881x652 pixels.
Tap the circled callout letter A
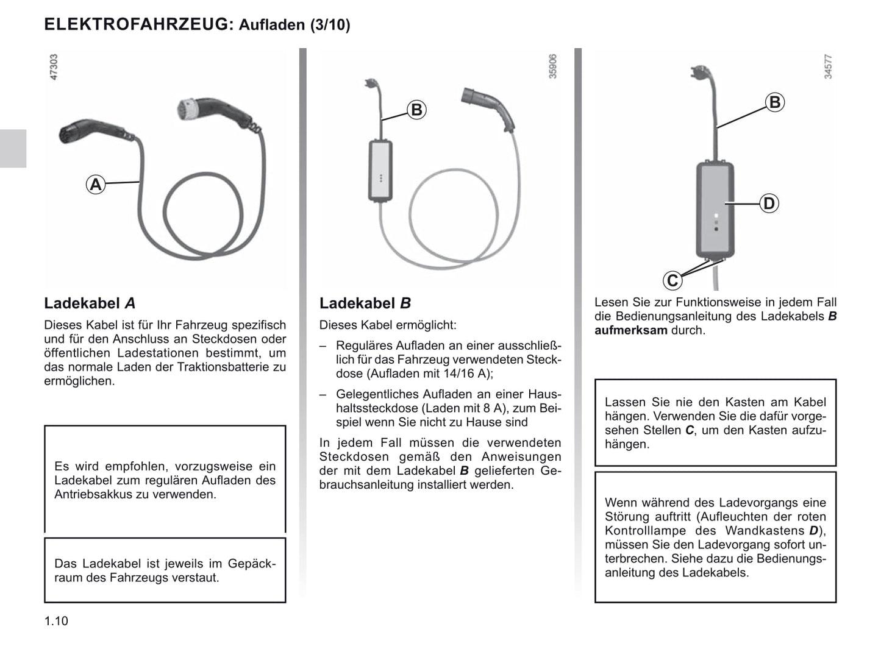click(96, 184)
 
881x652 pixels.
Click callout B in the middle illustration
click(416, 110)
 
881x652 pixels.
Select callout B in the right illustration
click(774, 102)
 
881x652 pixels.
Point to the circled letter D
click(769, 204)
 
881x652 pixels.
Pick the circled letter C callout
click(672, 281)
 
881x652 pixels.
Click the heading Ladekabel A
click(90, 303)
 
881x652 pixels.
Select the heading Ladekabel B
click(365, 303)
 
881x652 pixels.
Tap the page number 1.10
click(56, 621)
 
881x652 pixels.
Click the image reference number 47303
click(54, 67)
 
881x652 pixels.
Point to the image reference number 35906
click(552, 66)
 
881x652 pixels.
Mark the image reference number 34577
click(827, 66)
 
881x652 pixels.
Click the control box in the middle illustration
click(380, 171)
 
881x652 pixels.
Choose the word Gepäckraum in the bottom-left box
click(252, 564)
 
